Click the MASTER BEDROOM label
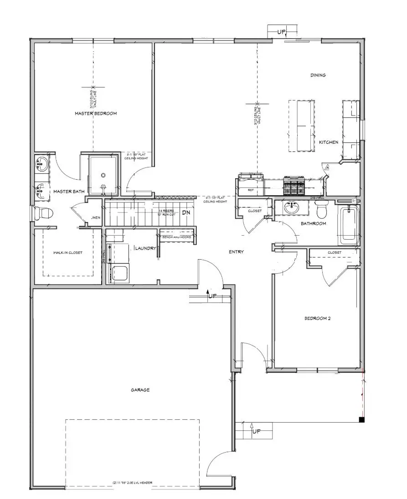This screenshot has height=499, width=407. coord(96,113)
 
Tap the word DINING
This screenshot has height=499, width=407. coord(318,75)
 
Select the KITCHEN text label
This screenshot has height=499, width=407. coord(328,142)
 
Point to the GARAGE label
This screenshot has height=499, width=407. coord(140,390)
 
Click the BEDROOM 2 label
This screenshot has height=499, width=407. coord(317,318)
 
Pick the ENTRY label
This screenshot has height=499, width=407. coord(236,252)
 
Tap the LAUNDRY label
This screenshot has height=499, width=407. coord(145,248)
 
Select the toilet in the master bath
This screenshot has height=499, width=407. coord(43,212)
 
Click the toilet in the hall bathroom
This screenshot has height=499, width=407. coord(321,211)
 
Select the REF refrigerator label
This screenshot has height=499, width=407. coord(250,190)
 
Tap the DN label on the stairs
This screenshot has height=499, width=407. coord(186,212)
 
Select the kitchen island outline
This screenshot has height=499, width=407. coord(301,126)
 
